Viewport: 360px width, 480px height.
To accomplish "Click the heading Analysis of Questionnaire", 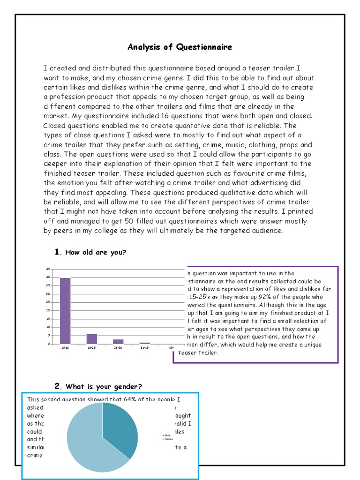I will click(180, 47).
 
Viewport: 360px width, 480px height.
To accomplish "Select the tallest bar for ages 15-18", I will click(65, 311).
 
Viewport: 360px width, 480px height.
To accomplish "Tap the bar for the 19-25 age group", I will click(92, 339).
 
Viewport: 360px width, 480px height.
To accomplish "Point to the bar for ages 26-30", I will click(118, 341).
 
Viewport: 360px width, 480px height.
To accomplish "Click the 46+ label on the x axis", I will click(171, 347).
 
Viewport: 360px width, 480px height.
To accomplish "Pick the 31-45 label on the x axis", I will click(145, 347).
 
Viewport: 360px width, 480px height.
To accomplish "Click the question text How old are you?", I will click(96, 253).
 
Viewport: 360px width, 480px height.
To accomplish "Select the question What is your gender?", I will click(104, 387).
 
